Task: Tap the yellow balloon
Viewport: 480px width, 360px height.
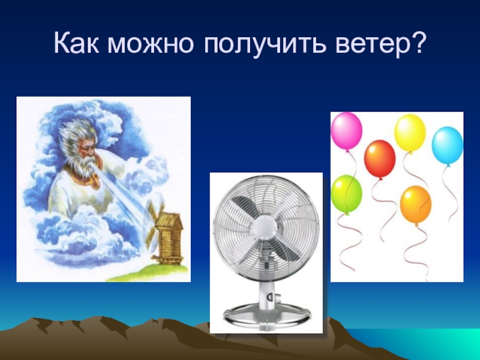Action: [410, 132]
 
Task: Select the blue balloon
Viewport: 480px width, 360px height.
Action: [447, 145]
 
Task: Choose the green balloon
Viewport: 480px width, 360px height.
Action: [346, 193]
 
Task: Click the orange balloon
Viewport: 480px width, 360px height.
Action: [415, 203]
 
